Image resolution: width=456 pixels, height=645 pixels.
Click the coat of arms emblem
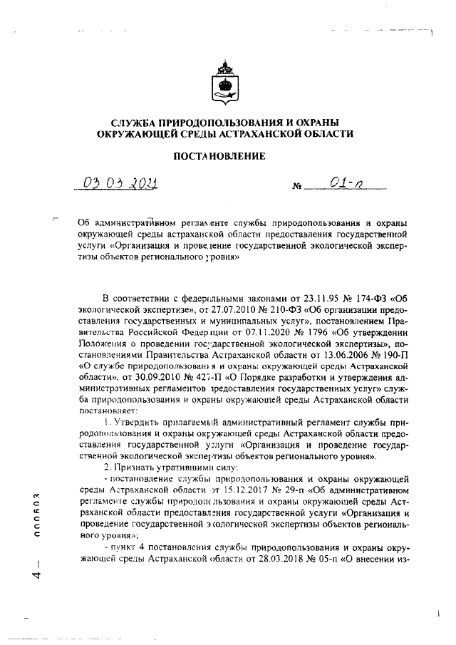227,85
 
